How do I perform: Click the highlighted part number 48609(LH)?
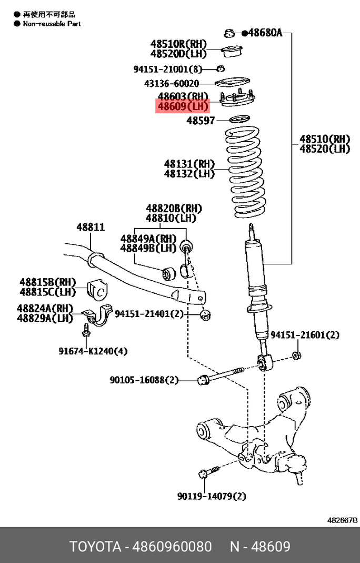click(x=183, y=107)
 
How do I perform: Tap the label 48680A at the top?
click(x=265, y=33)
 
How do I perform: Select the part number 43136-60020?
click(x=172, y=83)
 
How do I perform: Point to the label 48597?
click(x=201, y=121)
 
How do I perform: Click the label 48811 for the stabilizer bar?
click(x=91, y=227)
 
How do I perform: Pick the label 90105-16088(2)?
click(x=144, y=380)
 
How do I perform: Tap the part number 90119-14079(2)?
click(x=212, y=496)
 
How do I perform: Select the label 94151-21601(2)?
click(x=305, y=335)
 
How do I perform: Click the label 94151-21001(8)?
click(x=167, y=69)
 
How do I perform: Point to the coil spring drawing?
click(x=247, y=174)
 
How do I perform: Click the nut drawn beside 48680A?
click(x=229, y=33)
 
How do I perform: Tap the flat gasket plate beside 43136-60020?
click(x=232, y=83)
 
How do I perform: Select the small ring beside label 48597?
click(x=240, y=120)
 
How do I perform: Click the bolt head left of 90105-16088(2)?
click(x=202, y=379)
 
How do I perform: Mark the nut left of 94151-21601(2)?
click(x=296, y=355)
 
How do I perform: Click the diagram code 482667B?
click(x=342, y=520)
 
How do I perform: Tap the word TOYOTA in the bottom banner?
click(x=95, y=547)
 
